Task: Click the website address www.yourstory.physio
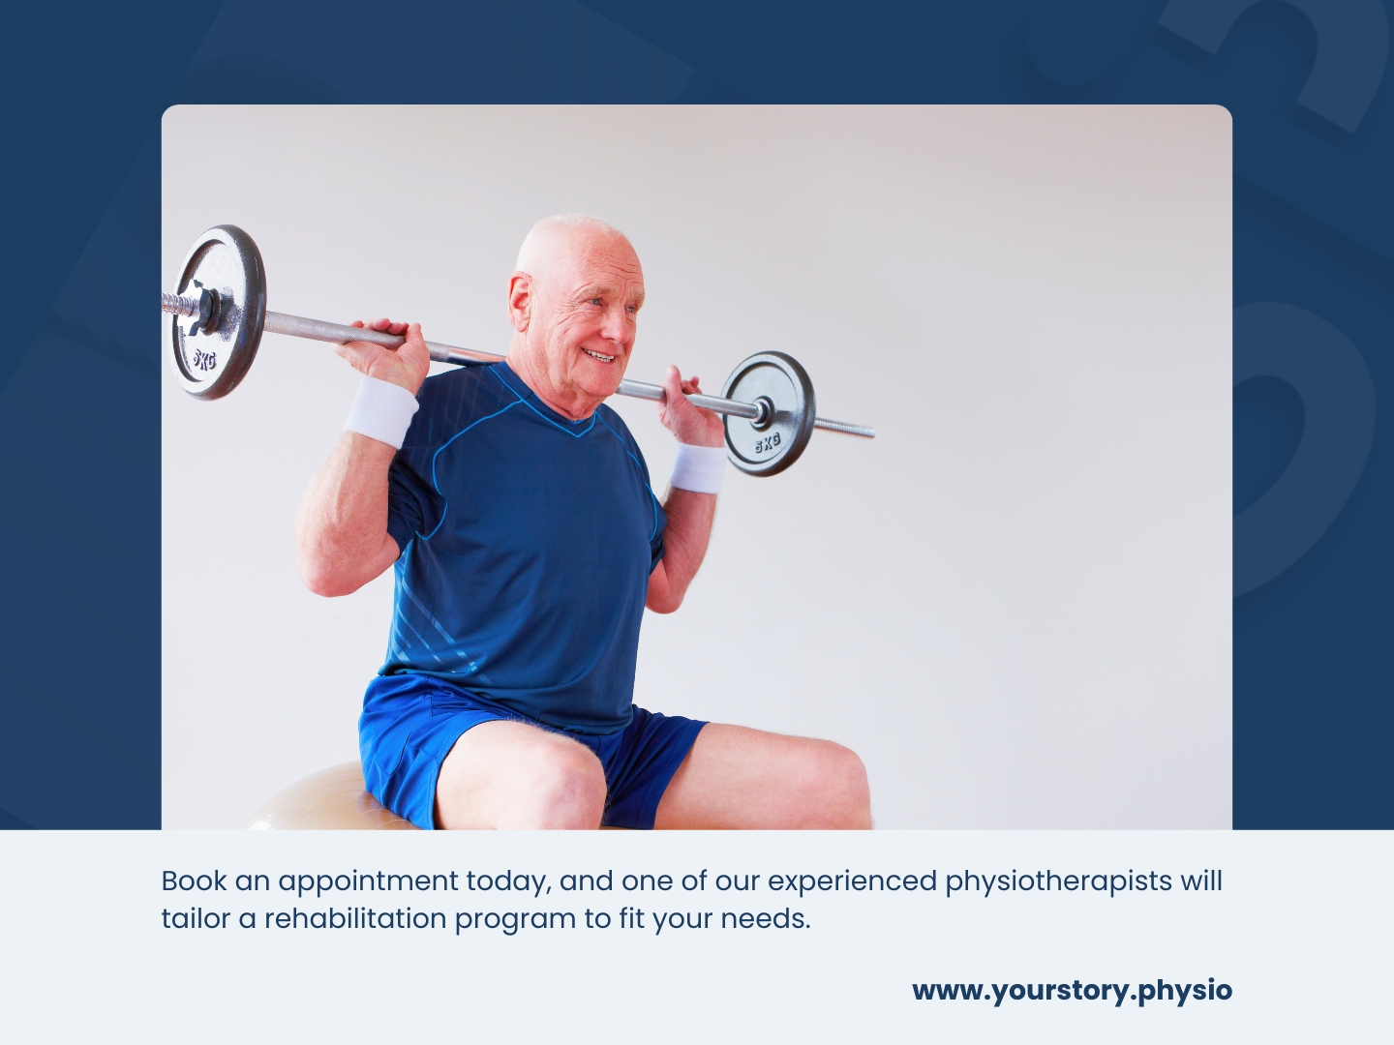coord(1072,991)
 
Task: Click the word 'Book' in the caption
coord(195,881)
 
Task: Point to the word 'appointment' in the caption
coord(368,881)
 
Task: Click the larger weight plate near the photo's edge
coord(219,312)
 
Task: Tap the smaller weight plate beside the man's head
coord(769,413)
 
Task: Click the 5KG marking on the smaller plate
coord(767,444)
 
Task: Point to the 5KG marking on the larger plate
coord(203,360)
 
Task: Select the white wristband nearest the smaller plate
coord(698,468)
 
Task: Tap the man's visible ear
coord(521,301)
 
